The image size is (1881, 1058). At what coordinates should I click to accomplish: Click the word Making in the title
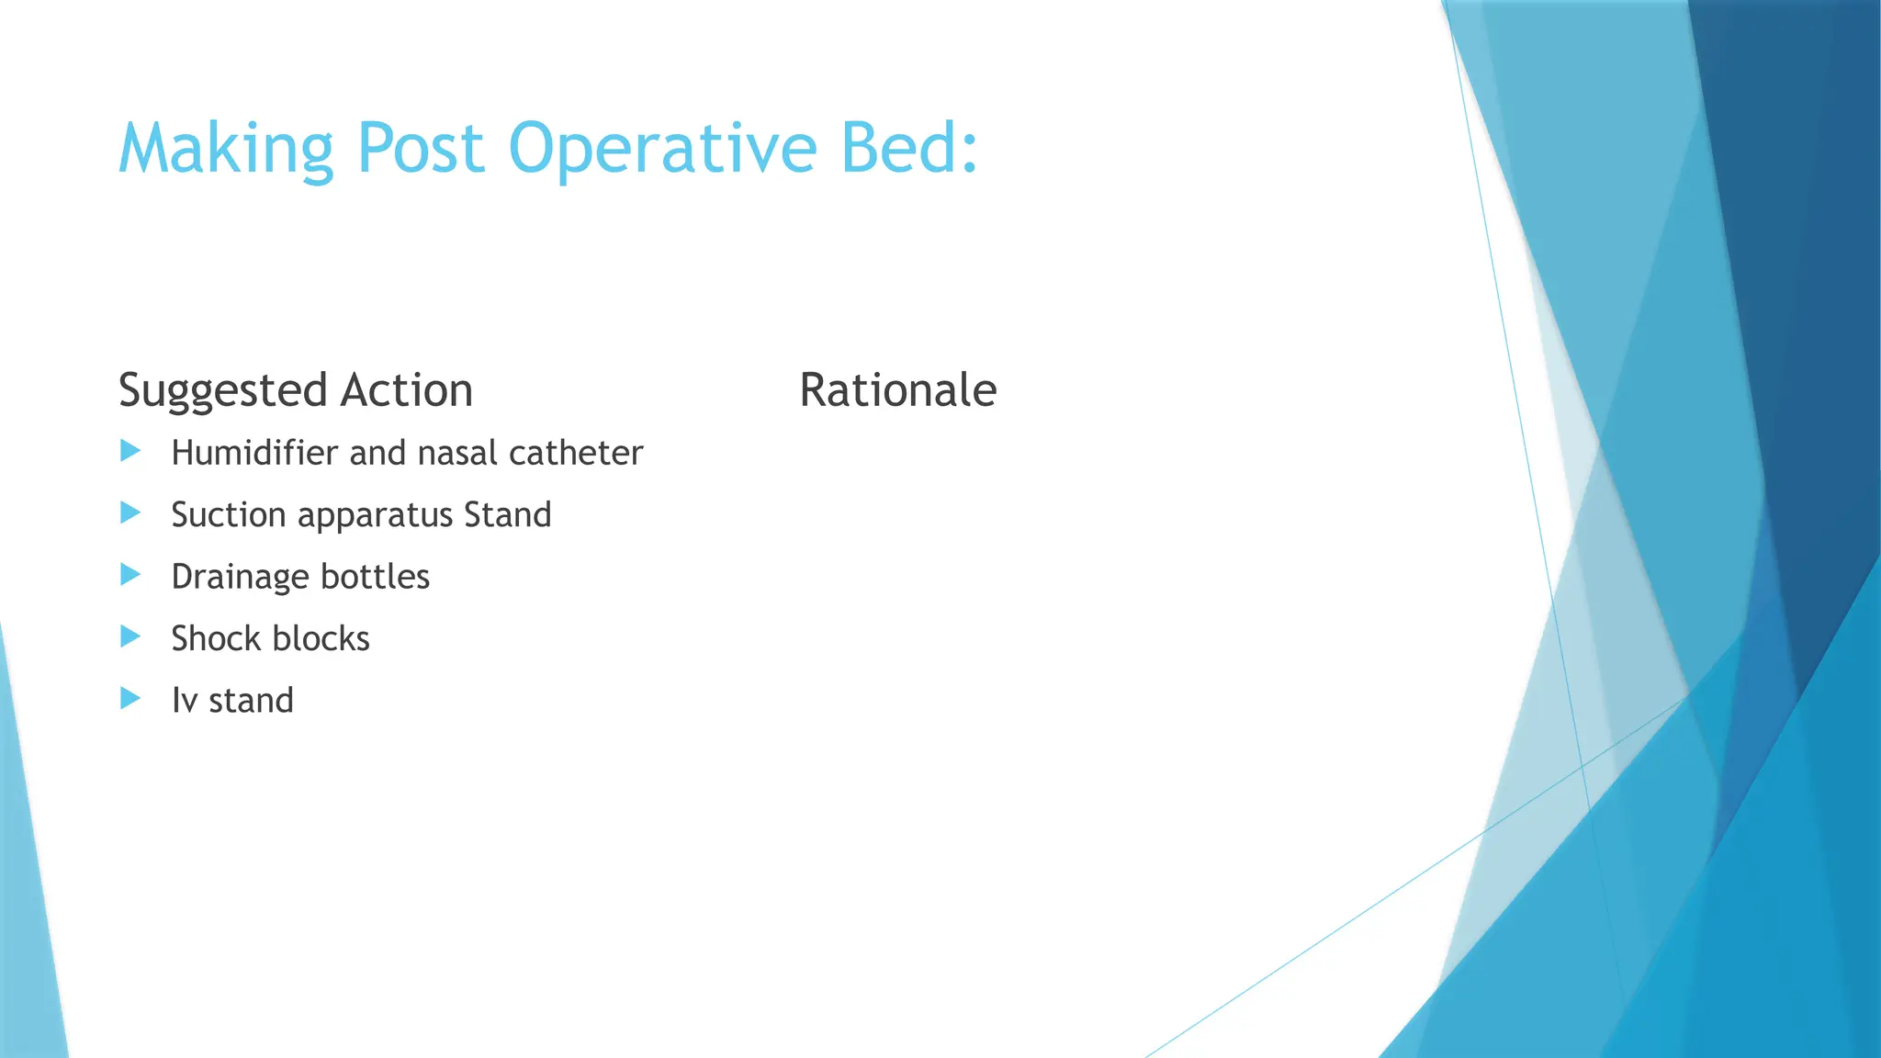click(x=225, y=149)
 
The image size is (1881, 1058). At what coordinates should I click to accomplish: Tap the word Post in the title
click(x=420, y=149)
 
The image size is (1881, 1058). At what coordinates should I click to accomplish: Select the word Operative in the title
click(x=662, y=149)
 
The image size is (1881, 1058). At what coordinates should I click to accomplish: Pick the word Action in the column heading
click(x=406, y=389)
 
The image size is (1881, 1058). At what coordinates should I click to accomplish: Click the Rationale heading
click(x=897, y=389)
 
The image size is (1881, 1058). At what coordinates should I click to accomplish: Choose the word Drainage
click(x=240, y=578)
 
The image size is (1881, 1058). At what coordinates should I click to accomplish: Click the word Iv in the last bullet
click(x=184, y=701)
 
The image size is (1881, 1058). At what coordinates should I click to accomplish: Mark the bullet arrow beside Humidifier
click(x=130, y=451)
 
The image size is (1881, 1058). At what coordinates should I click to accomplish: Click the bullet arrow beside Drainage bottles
click(x=130, y=575)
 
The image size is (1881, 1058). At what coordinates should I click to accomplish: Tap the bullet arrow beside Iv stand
click(x=130, y=699)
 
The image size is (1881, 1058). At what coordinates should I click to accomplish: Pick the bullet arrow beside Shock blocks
click(x=130, y=636)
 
